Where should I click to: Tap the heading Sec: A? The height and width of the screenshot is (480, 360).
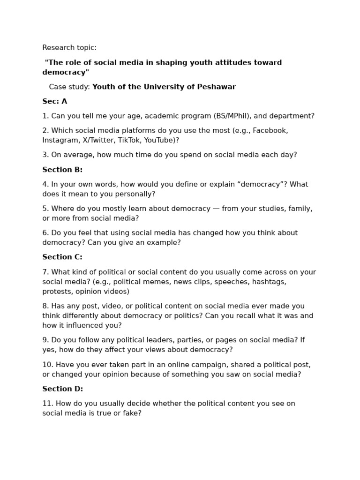(x=55, y=101)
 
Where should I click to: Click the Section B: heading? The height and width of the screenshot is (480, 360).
(x=62, y=170)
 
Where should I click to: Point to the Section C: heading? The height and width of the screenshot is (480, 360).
(x=62, y=257)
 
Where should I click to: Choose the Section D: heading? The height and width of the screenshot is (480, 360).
(x=62, y=389)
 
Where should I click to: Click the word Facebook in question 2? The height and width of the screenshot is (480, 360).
(x=270, y=130)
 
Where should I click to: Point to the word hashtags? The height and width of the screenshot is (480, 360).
(x=269, y=282)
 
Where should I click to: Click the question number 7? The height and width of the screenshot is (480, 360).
(x=45, y=272)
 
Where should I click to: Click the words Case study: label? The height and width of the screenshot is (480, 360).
(x=69, y=87)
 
